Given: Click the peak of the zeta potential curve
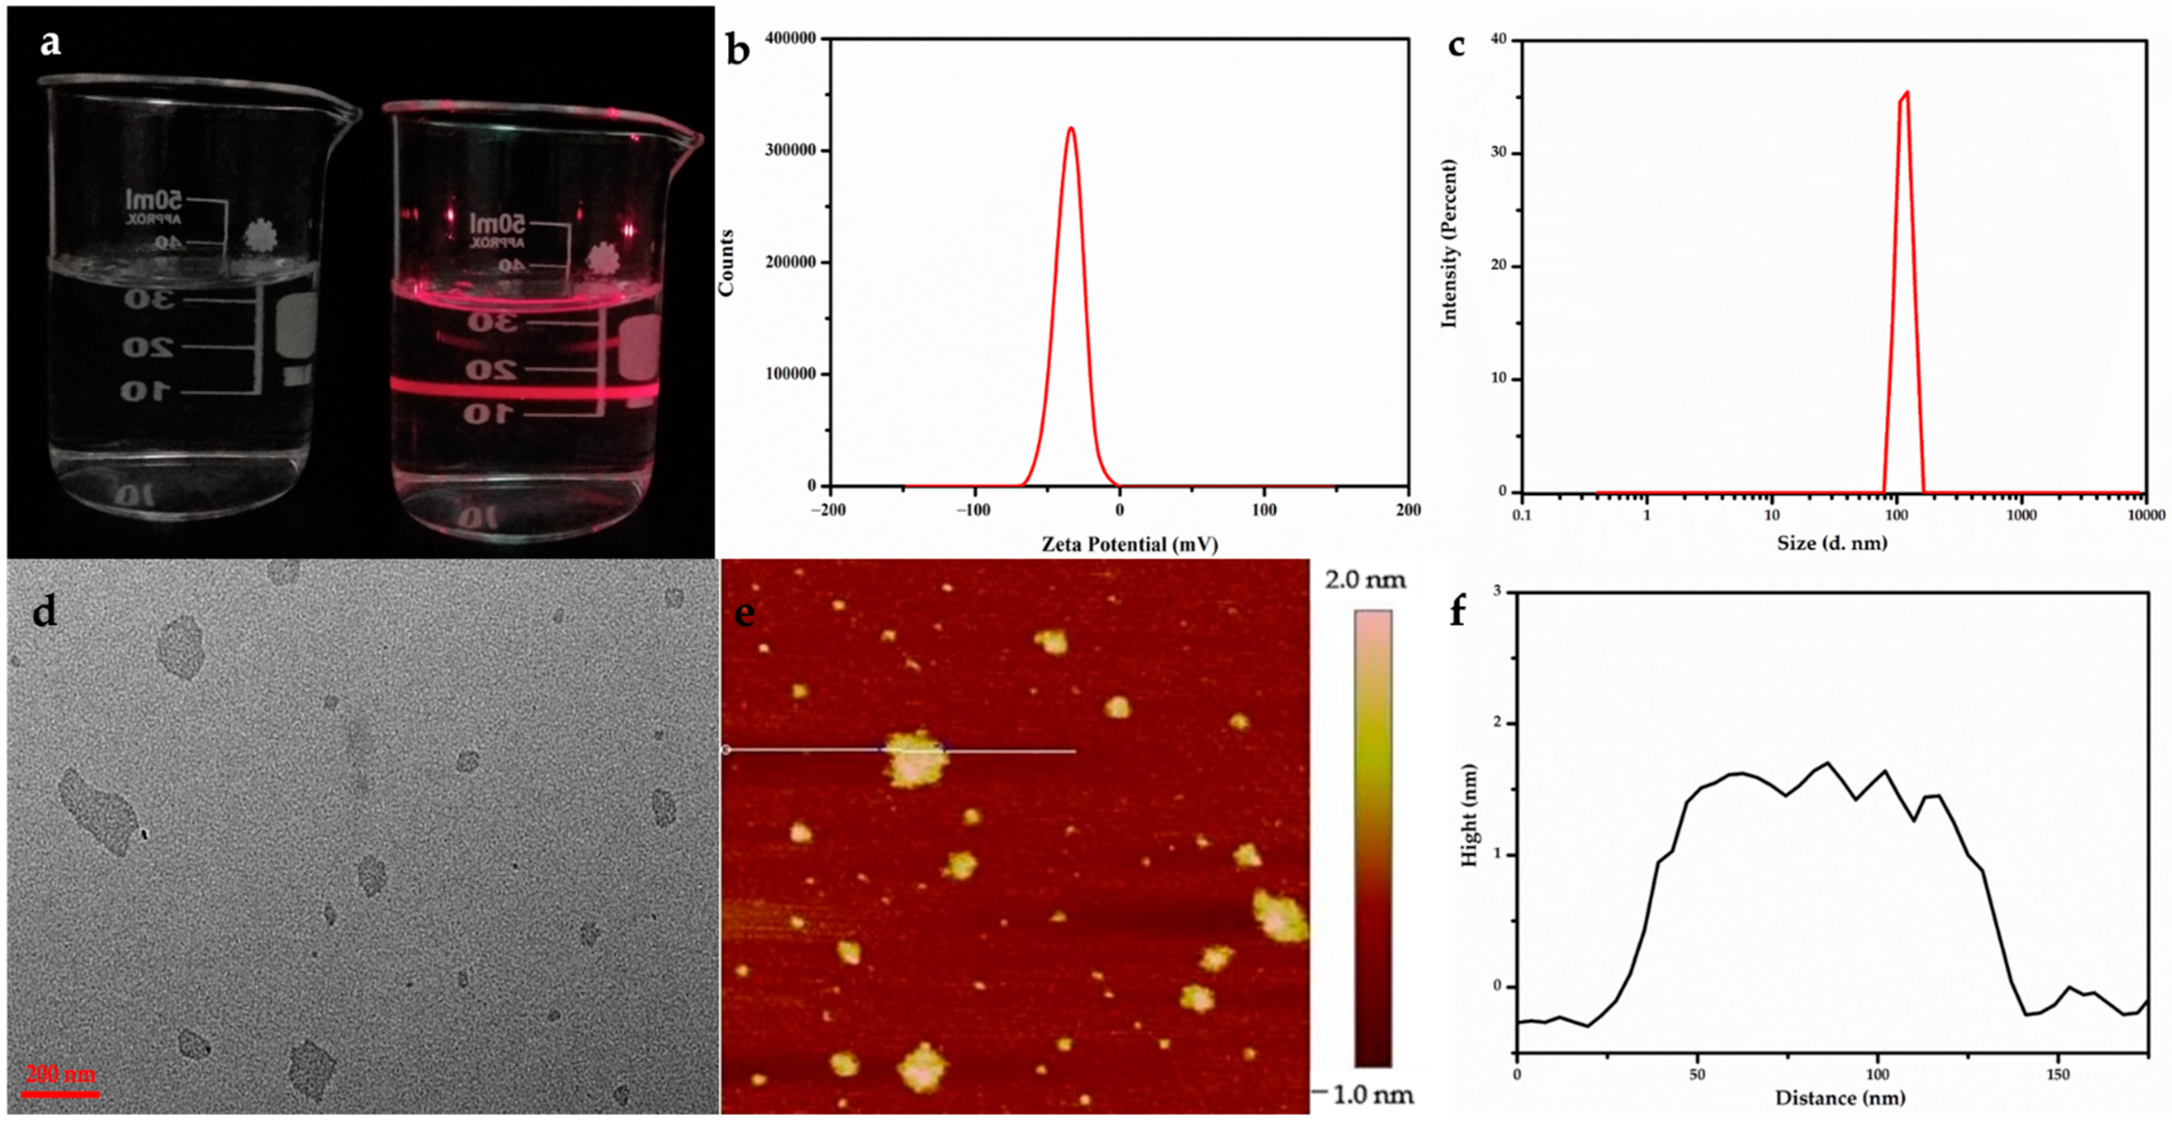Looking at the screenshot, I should (1071, 128).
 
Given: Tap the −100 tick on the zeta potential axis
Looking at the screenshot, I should (974, 510).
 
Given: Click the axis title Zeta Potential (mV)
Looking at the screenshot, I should (1129, 544).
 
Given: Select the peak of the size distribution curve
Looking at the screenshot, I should (1906, 92).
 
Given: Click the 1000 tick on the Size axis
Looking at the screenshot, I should (2021, 515).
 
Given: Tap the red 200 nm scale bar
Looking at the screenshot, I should (60, 1094).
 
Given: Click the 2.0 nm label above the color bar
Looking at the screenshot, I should (1365, 580).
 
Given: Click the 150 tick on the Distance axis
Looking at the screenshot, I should (2058, 1075).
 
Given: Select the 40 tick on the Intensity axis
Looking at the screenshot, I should (1499, 40).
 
